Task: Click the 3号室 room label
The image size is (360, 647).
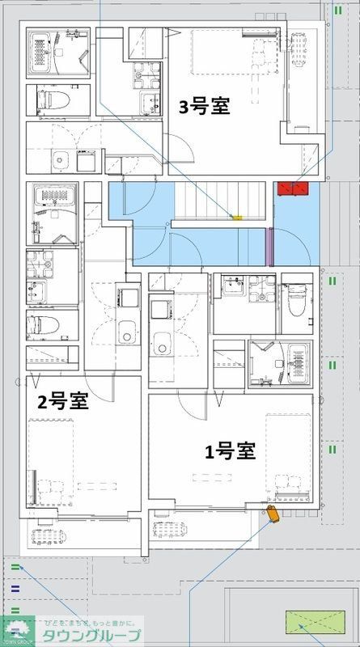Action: [204, 108]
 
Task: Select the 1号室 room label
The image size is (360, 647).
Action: [230, 451]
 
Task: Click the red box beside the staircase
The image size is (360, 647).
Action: [293, 188]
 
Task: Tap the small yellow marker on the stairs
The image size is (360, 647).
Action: [237, 217]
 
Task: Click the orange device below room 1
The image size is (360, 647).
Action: [273, 516]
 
